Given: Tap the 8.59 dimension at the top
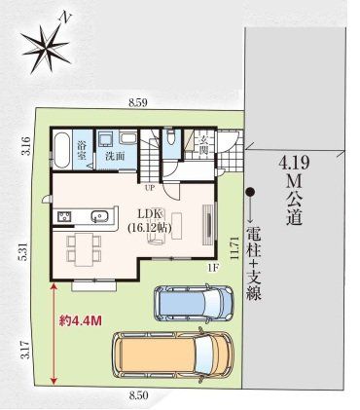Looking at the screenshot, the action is pyautogui.click(x=138, y=103).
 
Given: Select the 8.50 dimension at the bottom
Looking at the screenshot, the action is pyautogui.click(x=138, y=395).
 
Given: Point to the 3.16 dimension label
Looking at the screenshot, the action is pyautogui.click(x=26, y=146).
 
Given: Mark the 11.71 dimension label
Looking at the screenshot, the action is pyautogui.click(x=234, y=248).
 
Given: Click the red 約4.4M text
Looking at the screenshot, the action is pyautogui.click(x=81, y=321).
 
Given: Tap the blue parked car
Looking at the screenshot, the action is pyautogui.click(x=194, y=303).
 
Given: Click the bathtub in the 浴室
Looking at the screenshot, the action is pyautogui.click(x=61, y=150).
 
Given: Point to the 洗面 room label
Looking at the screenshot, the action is pyautogui.click(x=115, y=156).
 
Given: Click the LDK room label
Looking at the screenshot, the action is pyautogui.click(x=150, y=214).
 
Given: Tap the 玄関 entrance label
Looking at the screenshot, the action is pyautogui.click(x=203, y=145).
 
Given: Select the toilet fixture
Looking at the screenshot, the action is pyautogui.click(x=169, y=136).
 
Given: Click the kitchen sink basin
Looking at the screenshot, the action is pyautogui.click(x=99, y=216).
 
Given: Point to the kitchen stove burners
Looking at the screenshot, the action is pyautogui.click(x=65, y=216).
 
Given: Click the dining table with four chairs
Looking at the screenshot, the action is pyautogui.click(x=84, y=249).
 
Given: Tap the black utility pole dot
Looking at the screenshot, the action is pyautogui.click(x=249, y=192).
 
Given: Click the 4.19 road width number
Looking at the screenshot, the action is pyautogui.click(x=293, y=164).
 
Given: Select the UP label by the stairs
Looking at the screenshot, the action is pyautogui.click(x=151, y=188).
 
